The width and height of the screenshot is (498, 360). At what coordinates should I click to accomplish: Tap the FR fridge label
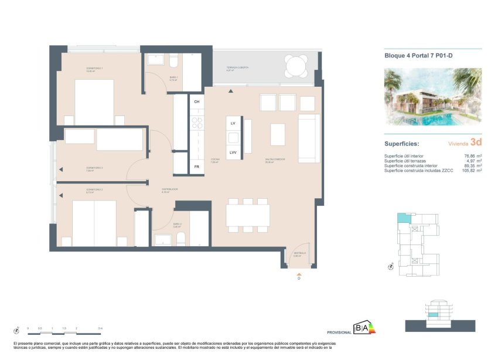click(196, 167)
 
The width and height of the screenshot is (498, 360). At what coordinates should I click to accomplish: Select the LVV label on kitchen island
click(233, 152)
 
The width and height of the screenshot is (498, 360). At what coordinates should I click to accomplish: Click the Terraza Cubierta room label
click(237, 68)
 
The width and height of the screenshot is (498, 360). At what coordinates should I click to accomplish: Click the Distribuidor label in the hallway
click(170, 189)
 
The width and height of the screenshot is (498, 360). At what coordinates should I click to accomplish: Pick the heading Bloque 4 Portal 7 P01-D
click(414, 57)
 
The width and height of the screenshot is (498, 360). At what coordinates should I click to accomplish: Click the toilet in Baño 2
click(180, 238)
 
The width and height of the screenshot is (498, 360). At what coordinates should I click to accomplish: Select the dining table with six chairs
click(248, 215)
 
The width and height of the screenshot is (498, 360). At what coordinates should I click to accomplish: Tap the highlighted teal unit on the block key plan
click(402, 218)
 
